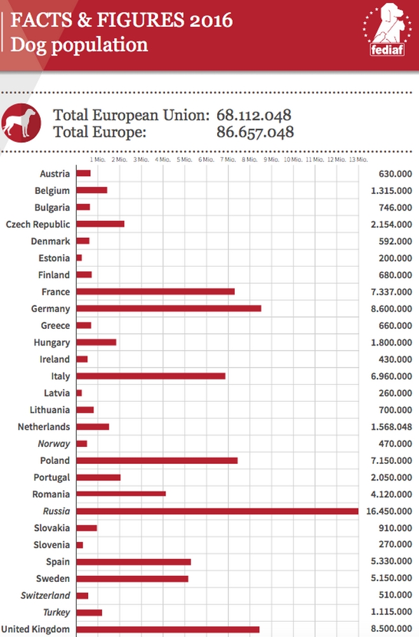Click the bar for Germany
(168, 309)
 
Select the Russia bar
(217, 511)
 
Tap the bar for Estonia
(79, 258)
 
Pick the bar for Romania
(121, 494)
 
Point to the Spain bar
(133, 562)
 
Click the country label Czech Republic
(37, 224)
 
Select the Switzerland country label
(45, 595)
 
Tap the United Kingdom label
(36, 629)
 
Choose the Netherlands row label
(44, 427)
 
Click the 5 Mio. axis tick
(184, 160)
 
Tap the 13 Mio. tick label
(357, 160)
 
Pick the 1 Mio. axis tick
(98, 160)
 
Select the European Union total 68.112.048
(254, 115)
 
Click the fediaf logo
(387, 30)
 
